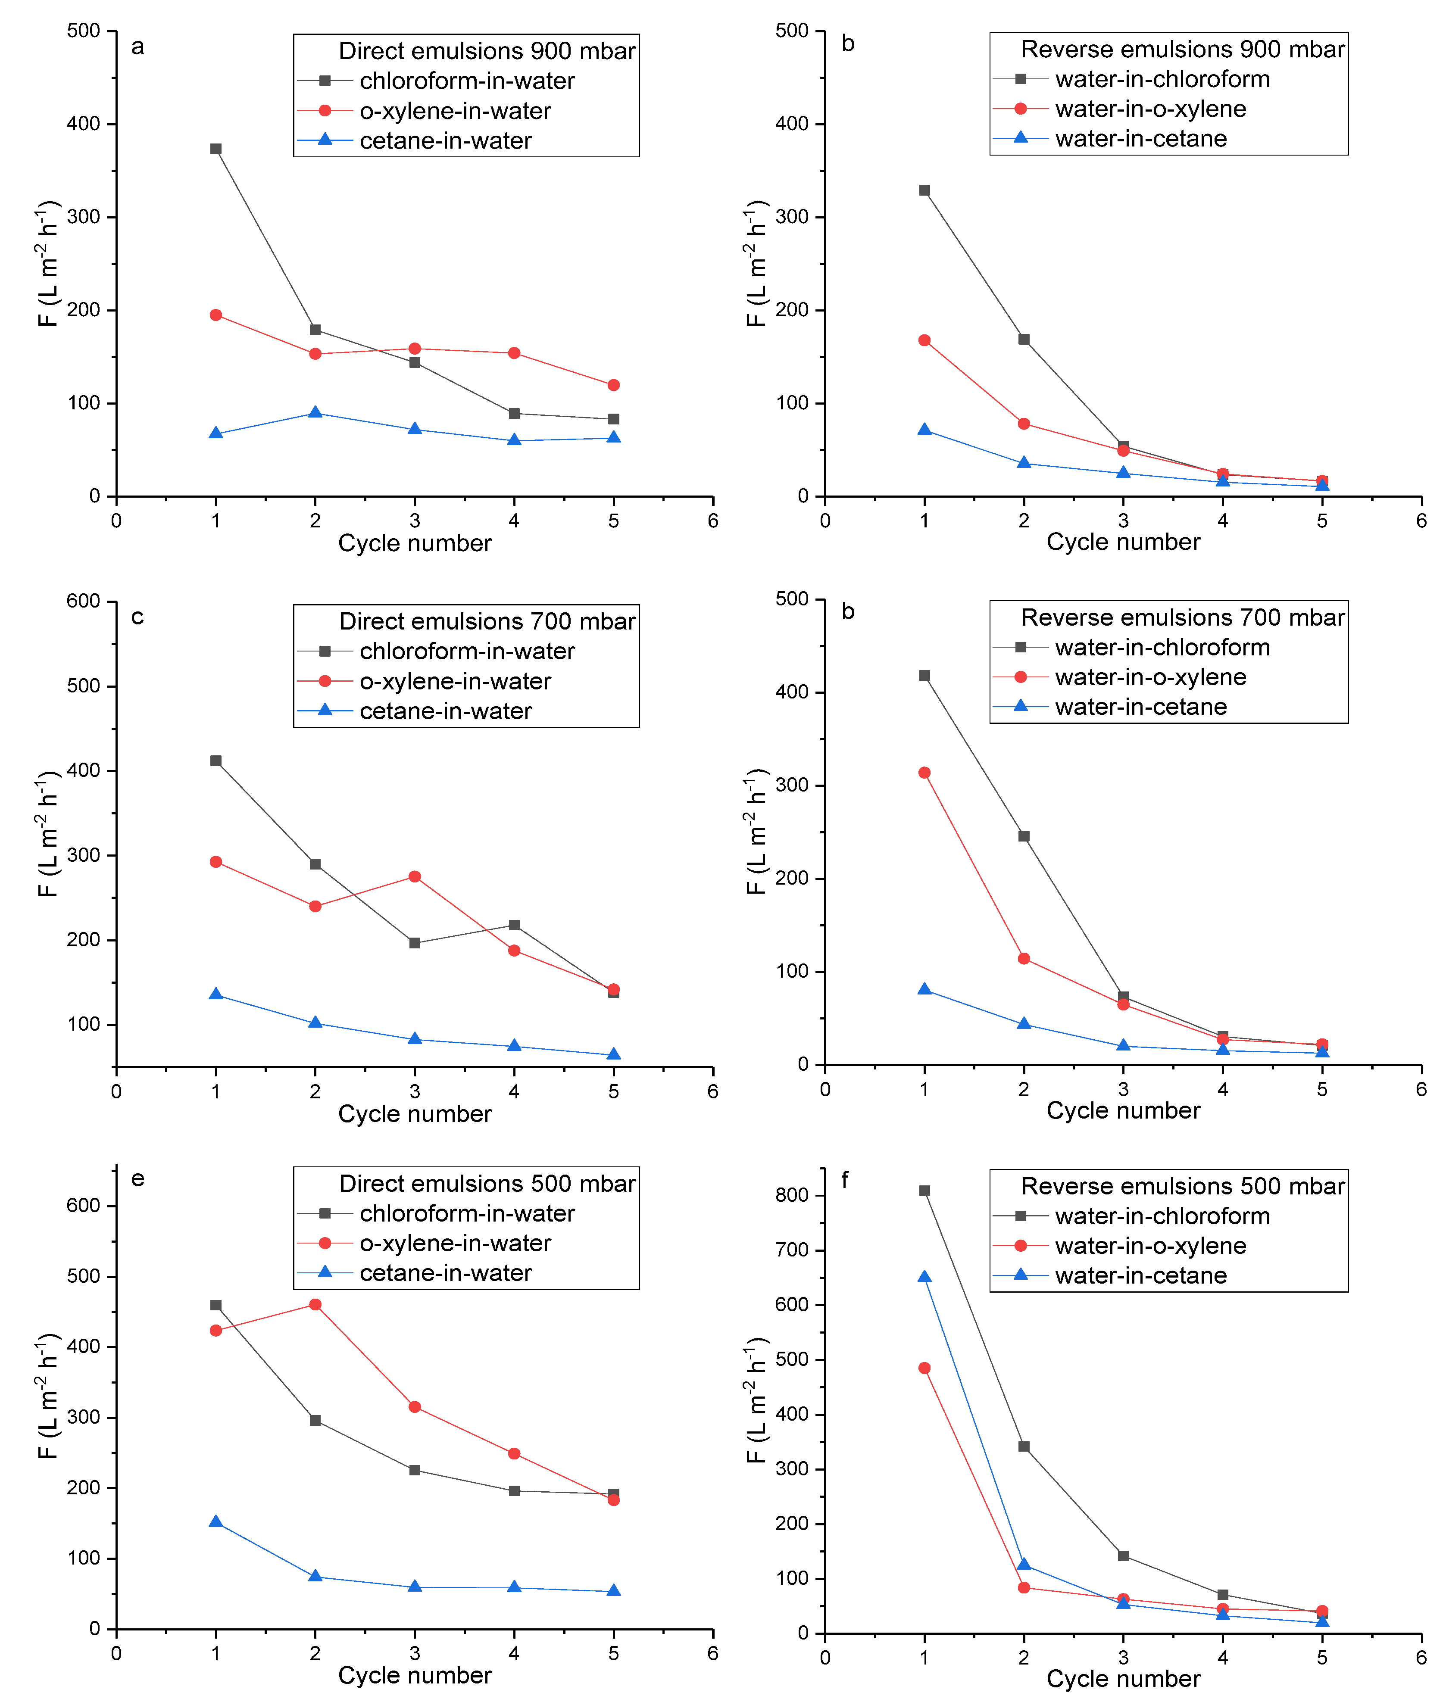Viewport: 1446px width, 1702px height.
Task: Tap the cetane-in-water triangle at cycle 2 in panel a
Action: pos(315,412)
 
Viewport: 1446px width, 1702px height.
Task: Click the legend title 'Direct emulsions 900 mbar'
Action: pos(487,51)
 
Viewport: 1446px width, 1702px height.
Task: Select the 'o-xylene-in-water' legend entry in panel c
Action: pos(455,681)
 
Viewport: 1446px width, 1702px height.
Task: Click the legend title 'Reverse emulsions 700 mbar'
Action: pos(1182,617)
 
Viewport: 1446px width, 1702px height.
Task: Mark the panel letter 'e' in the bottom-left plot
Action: pos(138,1178)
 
